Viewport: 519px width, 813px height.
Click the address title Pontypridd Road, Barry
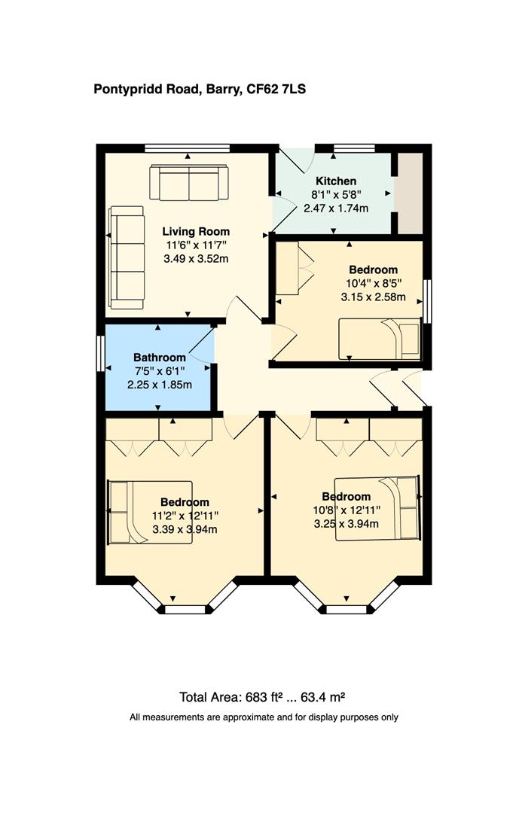click(x=199, y=90)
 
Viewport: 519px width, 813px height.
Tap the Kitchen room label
click(x=335, y=181)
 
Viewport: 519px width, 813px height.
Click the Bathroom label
click(x=159, y=357)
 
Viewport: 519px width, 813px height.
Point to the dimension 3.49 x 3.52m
click(x=196, y=258)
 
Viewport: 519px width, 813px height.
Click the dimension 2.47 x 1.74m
click(x=335, y=208)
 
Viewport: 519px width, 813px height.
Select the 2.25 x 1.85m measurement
click(x=159, y=385)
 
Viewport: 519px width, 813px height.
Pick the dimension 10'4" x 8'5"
click(x=373, y=283)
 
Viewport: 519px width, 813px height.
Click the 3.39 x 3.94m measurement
click(x=185, y=529)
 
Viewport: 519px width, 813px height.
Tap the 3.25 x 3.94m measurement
click(x=347, y=523)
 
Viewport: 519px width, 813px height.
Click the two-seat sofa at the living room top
click(x=188, y=183)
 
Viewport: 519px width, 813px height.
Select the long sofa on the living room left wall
click(x=127, y=257)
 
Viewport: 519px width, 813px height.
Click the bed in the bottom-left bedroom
click(x=151, y=512)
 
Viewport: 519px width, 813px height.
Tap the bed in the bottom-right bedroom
click(x=377, y=507)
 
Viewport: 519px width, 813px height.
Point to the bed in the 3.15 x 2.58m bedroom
click(x=380, y=339)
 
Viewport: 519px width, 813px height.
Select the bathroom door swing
click(x=202, y=347)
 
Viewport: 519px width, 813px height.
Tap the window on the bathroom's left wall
click(x=100, y=352)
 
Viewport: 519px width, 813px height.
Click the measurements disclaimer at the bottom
click(x=264, y=717)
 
